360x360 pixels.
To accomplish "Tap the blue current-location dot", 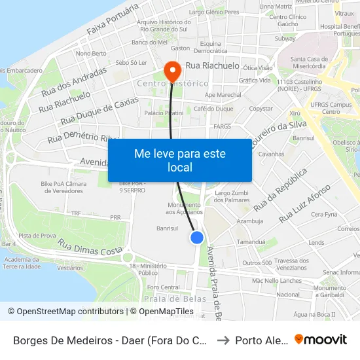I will click(197, 238).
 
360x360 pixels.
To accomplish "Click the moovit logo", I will click(321, 340).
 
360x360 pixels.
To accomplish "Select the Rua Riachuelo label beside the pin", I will click(212, 65).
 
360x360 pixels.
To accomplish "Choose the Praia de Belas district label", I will click(166, 298).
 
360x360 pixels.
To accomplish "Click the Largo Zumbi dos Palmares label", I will click(232, 196).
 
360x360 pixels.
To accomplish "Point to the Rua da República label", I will click(280, 190).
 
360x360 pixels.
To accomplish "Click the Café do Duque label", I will click(213, 109).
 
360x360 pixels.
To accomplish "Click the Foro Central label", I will click(164, 287).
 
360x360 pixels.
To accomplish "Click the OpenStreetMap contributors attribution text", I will click(67, 312).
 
